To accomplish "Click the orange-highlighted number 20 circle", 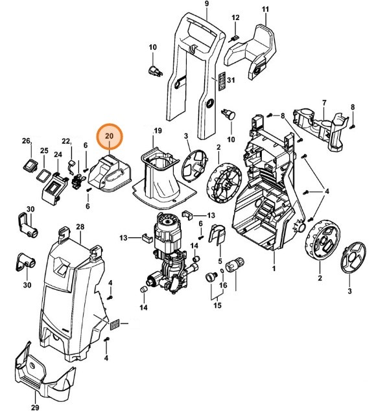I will click(109, 135).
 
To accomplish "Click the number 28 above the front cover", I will click(80, 226).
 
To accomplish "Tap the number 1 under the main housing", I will click(273, 268).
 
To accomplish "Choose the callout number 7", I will click(324, 102).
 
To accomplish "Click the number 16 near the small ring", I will click(224, 285).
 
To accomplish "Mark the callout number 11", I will click(264, 8).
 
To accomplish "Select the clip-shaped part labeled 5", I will click(219, 234).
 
